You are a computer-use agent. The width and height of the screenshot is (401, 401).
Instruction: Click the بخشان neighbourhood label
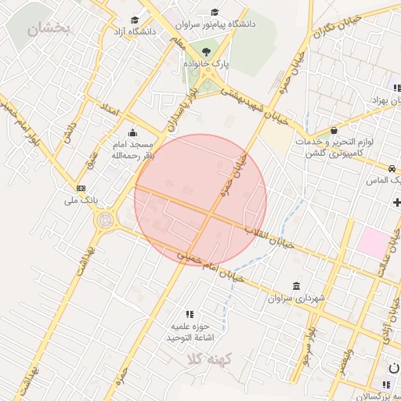pyautogui.click(x=49, y=30)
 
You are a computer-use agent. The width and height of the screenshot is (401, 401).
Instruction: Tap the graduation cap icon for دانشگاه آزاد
pyautogui.click(x=135, y=20)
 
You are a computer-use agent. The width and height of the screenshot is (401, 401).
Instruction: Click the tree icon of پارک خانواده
pyautogui.click(x=206, y=52)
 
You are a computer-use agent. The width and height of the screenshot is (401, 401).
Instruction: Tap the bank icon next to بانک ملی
pyautogui.click(x=81, y=188)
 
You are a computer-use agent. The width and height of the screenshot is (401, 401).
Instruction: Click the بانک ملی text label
pyautogui.click(x=81, y=200)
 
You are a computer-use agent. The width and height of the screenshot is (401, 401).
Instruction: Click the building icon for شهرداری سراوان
pyautogui.click(x=295, y=286)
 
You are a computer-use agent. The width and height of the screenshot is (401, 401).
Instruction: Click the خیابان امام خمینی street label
pyautogui.click(x=211, y=266)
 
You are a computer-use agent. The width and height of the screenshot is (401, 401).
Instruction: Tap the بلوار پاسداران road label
pyautogui.click(x=182, y=110)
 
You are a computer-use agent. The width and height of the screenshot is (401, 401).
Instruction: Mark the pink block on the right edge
pyautogui.click(x=372, y=242)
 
